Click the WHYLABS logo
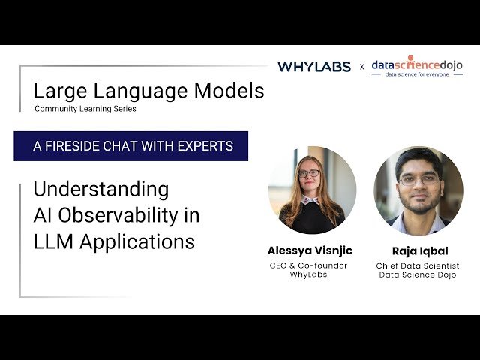(x=313, y=66)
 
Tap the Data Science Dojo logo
(x=417, y=63)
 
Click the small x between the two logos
(x=361, y=67)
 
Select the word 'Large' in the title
(x=58, y=91)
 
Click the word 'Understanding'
(x=100, y=188)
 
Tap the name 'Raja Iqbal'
(x=418, y=250)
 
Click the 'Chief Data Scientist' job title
(x=418, y=265)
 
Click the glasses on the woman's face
(x=308, y=173)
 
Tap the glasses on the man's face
(x=418, y=180)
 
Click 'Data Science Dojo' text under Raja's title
(x=418, y=275)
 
